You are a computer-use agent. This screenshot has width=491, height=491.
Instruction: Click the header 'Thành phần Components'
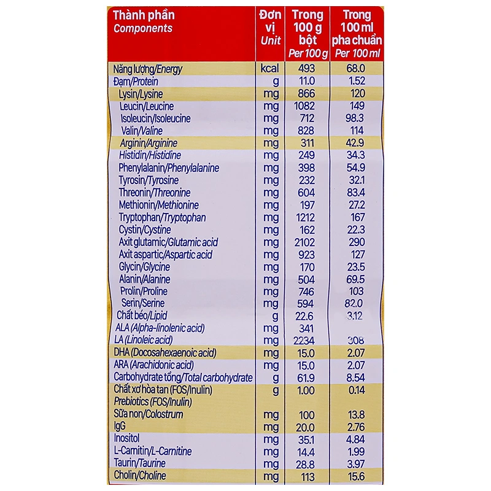click(144, 21)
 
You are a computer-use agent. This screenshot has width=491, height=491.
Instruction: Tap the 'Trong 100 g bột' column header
click(307, 33)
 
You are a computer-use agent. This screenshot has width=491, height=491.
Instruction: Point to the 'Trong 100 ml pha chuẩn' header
click(357, 33)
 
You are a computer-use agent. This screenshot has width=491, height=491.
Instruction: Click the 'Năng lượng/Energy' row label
click(148, 69)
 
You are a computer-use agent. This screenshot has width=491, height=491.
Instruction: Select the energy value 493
click(306, 69)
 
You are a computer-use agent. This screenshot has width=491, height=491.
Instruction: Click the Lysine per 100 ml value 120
click(356, 94)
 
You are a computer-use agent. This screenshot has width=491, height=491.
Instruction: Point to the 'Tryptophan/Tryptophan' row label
click(162, 217)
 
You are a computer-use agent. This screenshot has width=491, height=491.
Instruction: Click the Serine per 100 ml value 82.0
click(356, 303)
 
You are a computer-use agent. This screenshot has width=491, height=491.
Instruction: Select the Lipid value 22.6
click(306, 315)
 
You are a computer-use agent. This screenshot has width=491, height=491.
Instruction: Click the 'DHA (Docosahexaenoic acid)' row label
click(165, 352)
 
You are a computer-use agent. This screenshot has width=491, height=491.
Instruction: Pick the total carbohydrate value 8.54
click(356, 377)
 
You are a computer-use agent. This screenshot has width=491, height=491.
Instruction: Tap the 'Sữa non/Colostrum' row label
click(149, 415)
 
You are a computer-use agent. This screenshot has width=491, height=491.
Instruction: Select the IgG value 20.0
click(306, 427)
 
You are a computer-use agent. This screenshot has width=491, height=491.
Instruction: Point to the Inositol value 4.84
click(356, 439)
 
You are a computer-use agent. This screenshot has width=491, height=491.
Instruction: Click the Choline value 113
click(306, 476)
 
